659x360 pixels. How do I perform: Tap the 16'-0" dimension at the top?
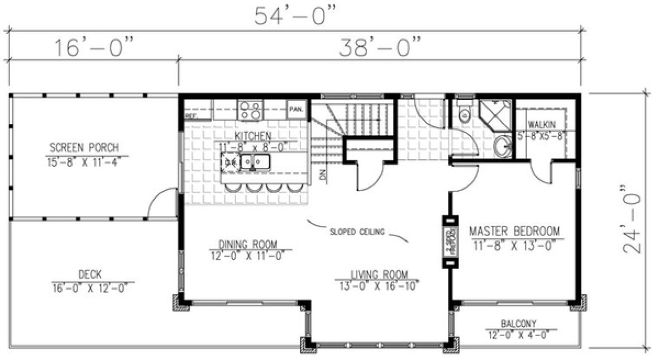(94, 47)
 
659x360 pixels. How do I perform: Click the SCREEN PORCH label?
(84, 148)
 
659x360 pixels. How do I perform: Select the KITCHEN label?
(253, 136)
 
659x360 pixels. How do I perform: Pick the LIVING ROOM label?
(379, 274)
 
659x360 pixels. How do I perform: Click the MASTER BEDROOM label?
(514, 231)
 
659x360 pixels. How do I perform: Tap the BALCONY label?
(519, 323)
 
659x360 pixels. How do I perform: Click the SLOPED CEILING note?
(357, 232)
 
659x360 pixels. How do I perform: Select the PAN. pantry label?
(295, 109)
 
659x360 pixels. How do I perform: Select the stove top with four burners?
(250, 109)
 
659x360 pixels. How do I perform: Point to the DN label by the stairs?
(322, 175)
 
